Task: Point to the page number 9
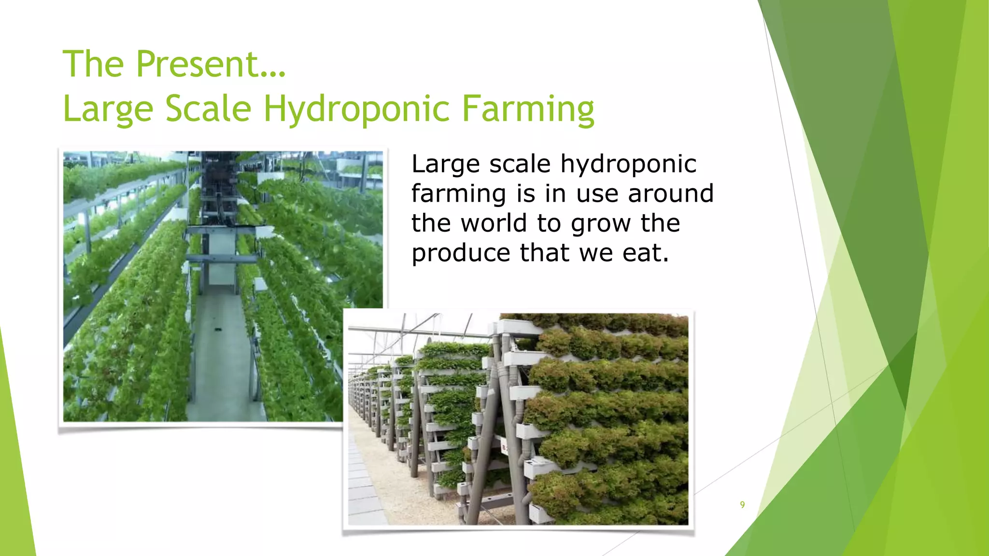(742, 505)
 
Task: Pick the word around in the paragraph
(670, 194)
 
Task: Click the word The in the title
(93, 64)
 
